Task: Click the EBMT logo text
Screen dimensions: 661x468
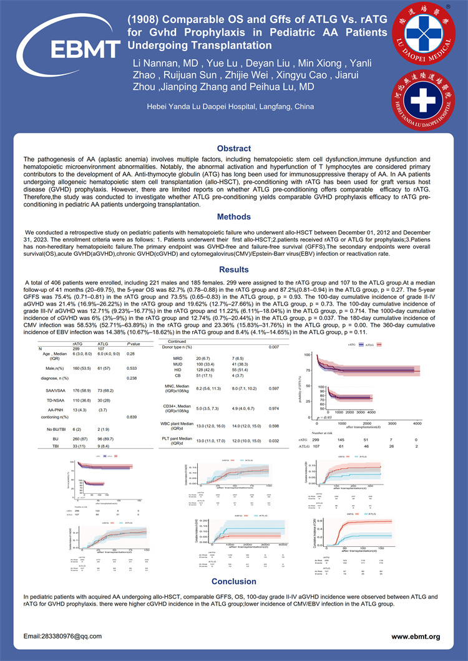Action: click(68, 47)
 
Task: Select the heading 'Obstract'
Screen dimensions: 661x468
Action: click(233, 148)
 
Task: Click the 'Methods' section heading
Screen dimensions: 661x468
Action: click(233, 218)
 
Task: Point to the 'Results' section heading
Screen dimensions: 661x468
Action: click(233, 270)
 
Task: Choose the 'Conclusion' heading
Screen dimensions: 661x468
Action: click(233, 581)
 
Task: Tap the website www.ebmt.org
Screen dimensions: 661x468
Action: click(416, 636)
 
